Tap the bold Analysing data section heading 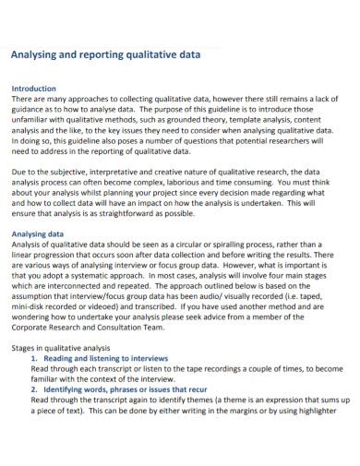pos(37,234)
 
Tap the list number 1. pos(34,358)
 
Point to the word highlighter pos(325,410)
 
